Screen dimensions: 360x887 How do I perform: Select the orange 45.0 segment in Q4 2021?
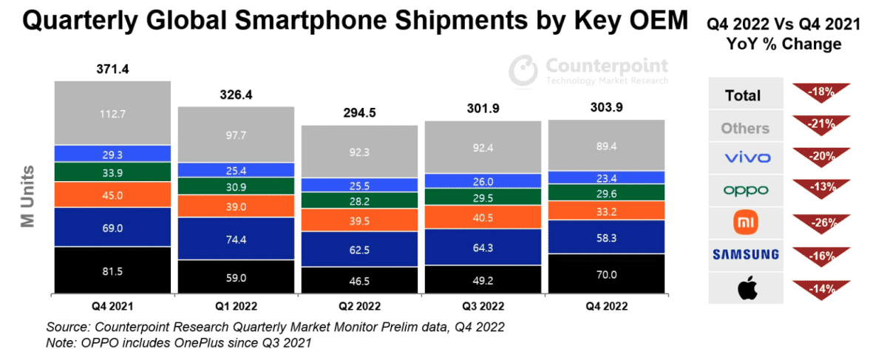(x=112, y=195)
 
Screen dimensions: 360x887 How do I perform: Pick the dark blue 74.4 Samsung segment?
(x=237, y=239)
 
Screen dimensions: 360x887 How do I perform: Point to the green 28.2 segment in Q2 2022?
(x=359, y=200)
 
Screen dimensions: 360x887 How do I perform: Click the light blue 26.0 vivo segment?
(x=483, y=181)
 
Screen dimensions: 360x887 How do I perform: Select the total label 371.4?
(x=112, y=69)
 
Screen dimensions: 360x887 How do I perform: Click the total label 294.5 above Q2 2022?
(x=359, y=114)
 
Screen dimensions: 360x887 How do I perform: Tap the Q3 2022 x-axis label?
(x=483, y=305)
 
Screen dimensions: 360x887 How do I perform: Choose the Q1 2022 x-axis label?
(x=237, y=305)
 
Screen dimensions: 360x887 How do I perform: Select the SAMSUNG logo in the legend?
(x=745, y=255)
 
